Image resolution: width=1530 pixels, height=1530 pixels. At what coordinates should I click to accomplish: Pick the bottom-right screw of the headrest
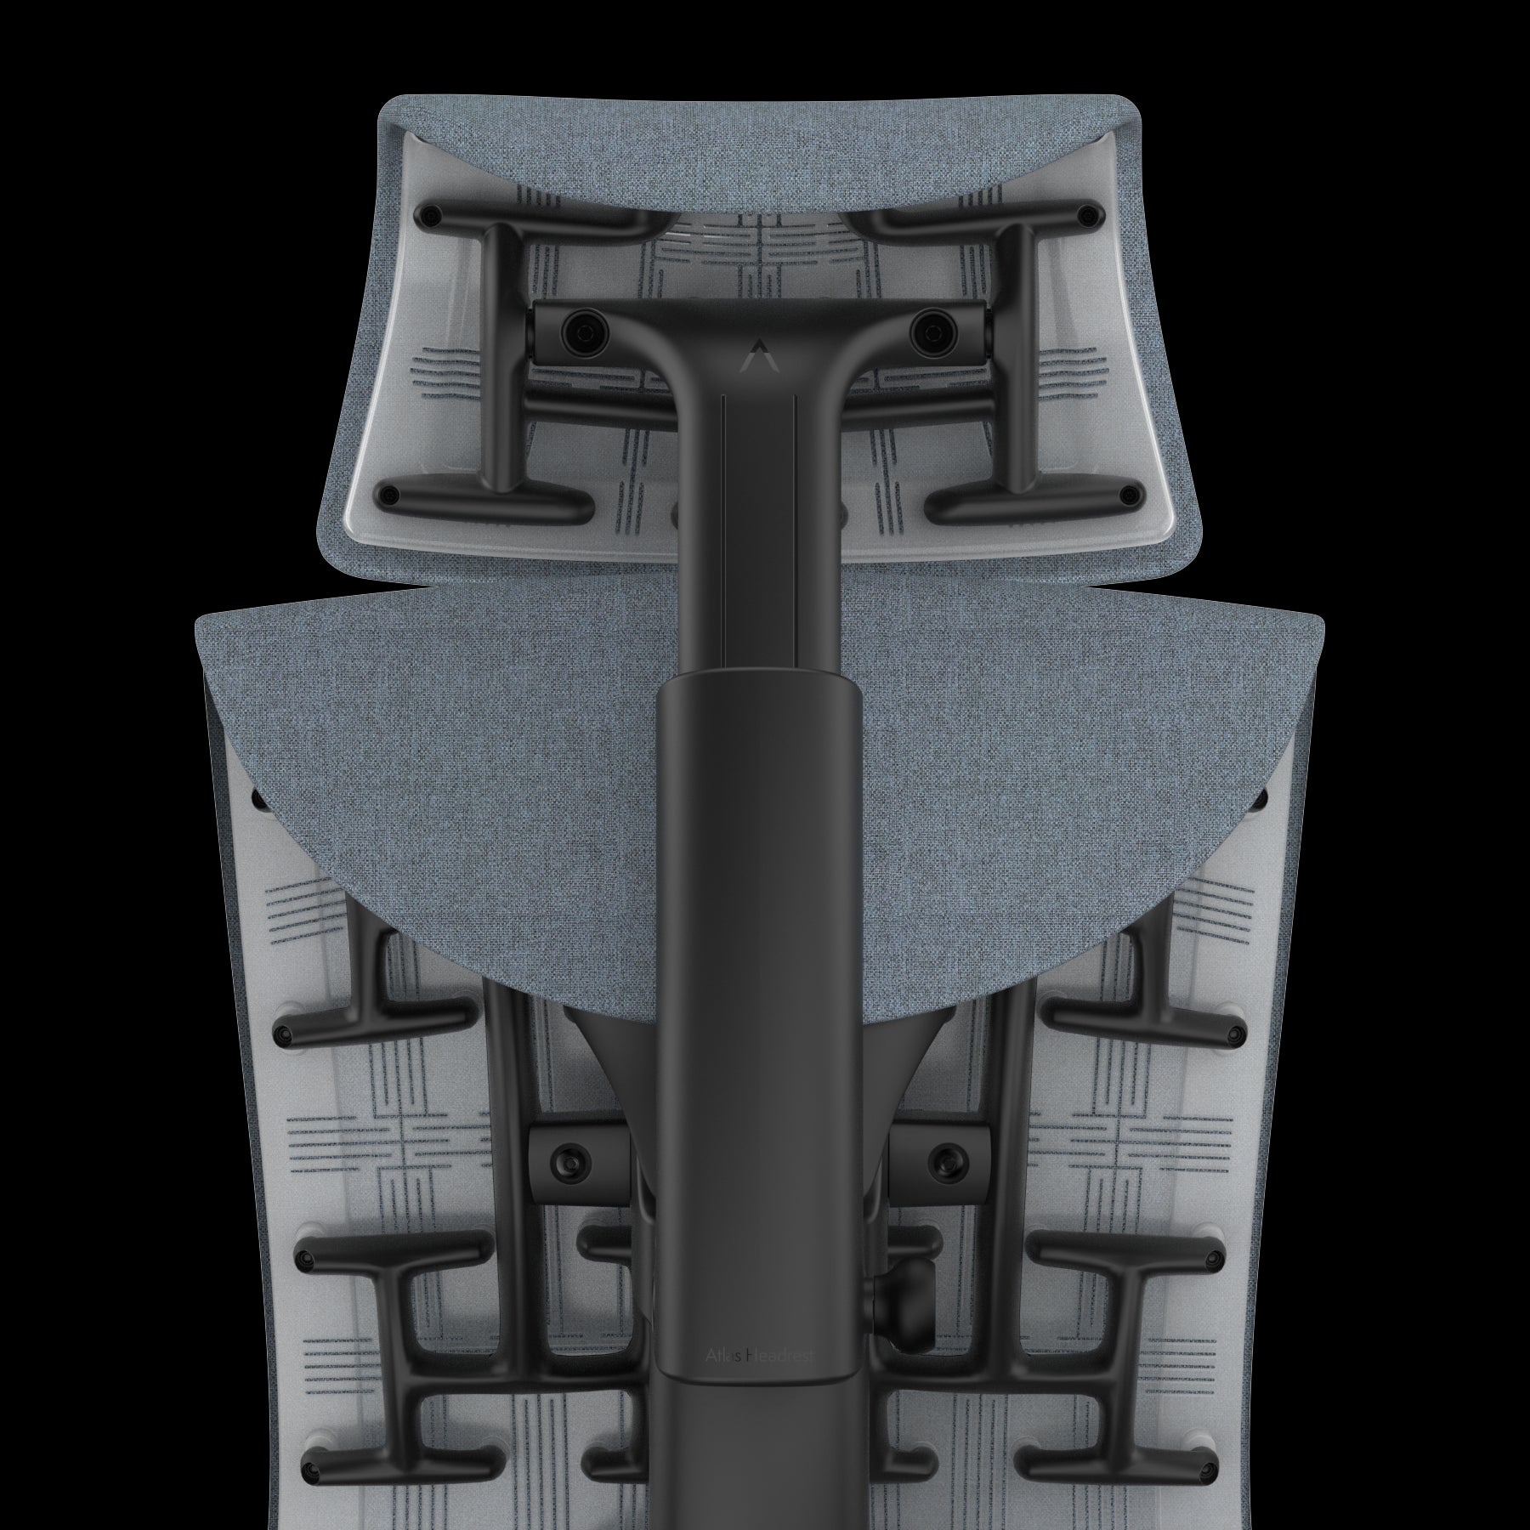pos(1129,494)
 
